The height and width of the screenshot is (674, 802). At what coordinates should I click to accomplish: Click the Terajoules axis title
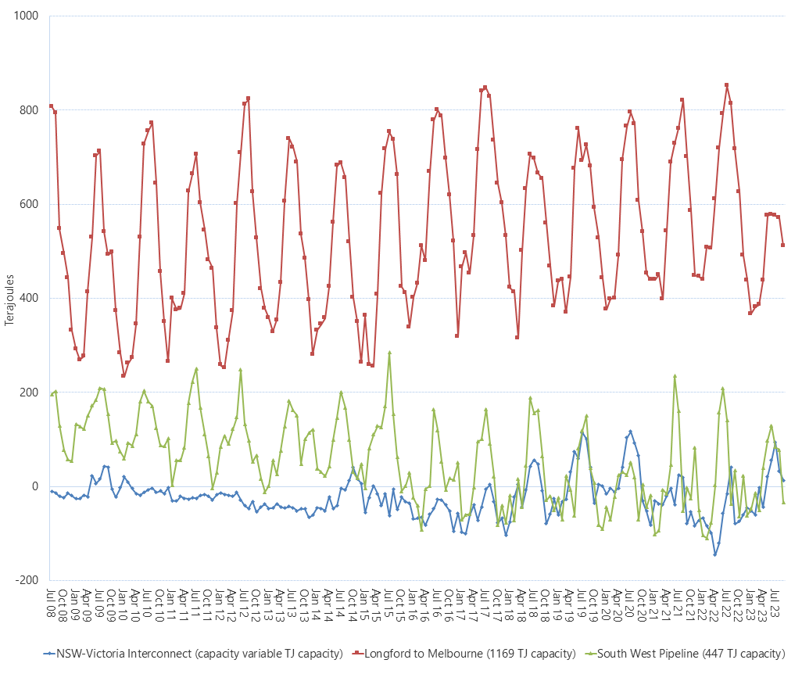[x=9, y=297]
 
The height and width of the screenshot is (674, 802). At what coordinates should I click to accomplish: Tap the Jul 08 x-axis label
[x=52, y=602]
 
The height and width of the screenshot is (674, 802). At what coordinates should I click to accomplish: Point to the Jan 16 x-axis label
[x=413, y=602]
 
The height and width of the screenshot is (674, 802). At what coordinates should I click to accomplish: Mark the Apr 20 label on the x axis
[x=618, y=602]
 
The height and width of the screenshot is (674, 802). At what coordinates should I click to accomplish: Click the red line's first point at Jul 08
[x=51, y=106]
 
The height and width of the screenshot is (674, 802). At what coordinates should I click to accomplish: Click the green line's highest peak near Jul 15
[x=389, y=353]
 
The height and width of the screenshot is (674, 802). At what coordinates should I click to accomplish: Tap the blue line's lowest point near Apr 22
[x=714, y=554]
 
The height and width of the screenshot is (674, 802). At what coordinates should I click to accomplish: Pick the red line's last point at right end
[x=783, y=245]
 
